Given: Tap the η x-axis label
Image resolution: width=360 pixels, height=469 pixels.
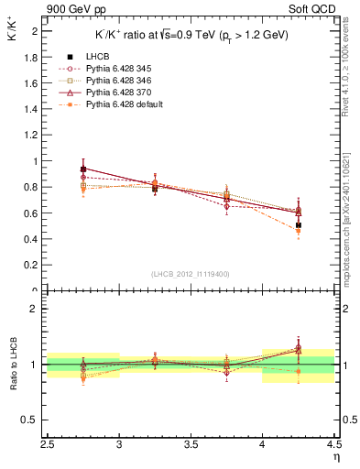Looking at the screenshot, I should [336, 455].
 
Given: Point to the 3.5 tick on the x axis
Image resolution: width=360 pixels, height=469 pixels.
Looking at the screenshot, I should [190, 443].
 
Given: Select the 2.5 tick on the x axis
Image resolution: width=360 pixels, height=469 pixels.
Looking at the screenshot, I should [48, 443].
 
